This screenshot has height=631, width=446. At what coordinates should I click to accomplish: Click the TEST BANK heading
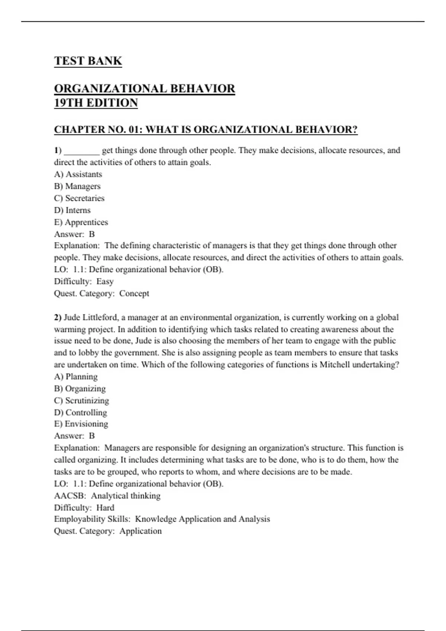click(88, 61)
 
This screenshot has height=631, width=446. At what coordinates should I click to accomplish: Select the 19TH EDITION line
click(96, 103)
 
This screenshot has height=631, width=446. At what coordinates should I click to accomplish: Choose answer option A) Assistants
click(78, 174)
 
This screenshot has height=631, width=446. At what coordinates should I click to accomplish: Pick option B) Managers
click(77, 186)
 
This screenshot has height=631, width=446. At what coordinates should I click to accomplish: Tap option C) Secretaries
click(79, 198)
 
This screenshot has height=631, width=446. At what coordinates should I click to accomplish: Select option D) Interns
click(72, 210)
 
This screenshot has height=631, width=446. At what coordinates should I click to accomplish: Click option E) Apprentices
click(81, 222)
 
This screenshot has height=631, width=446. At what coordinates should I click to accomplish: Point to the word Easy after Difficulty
click(105, 281)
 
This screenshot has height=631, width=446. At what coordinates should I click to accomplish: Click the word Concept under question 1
click(134, 293)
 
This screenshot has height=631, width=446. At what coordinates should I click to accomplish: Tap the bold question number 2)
click(58, 317)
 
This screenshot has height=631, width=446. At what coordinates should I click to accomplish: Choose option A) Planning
click(76, 376)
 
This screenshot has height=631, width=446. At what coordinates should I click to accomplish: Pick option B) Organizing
click(80, 388)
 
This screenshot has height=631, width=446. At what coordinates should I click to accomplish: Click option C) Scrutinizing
click(81, 400)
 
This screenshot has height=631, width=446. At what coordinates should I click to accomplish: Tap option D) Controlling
click(80, 412)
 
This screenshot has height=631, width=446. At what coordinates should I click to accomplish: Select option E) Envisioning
click(81, 424)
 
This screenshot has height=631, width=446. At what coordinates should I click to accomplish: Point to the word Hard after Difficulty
click(105, 507)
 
